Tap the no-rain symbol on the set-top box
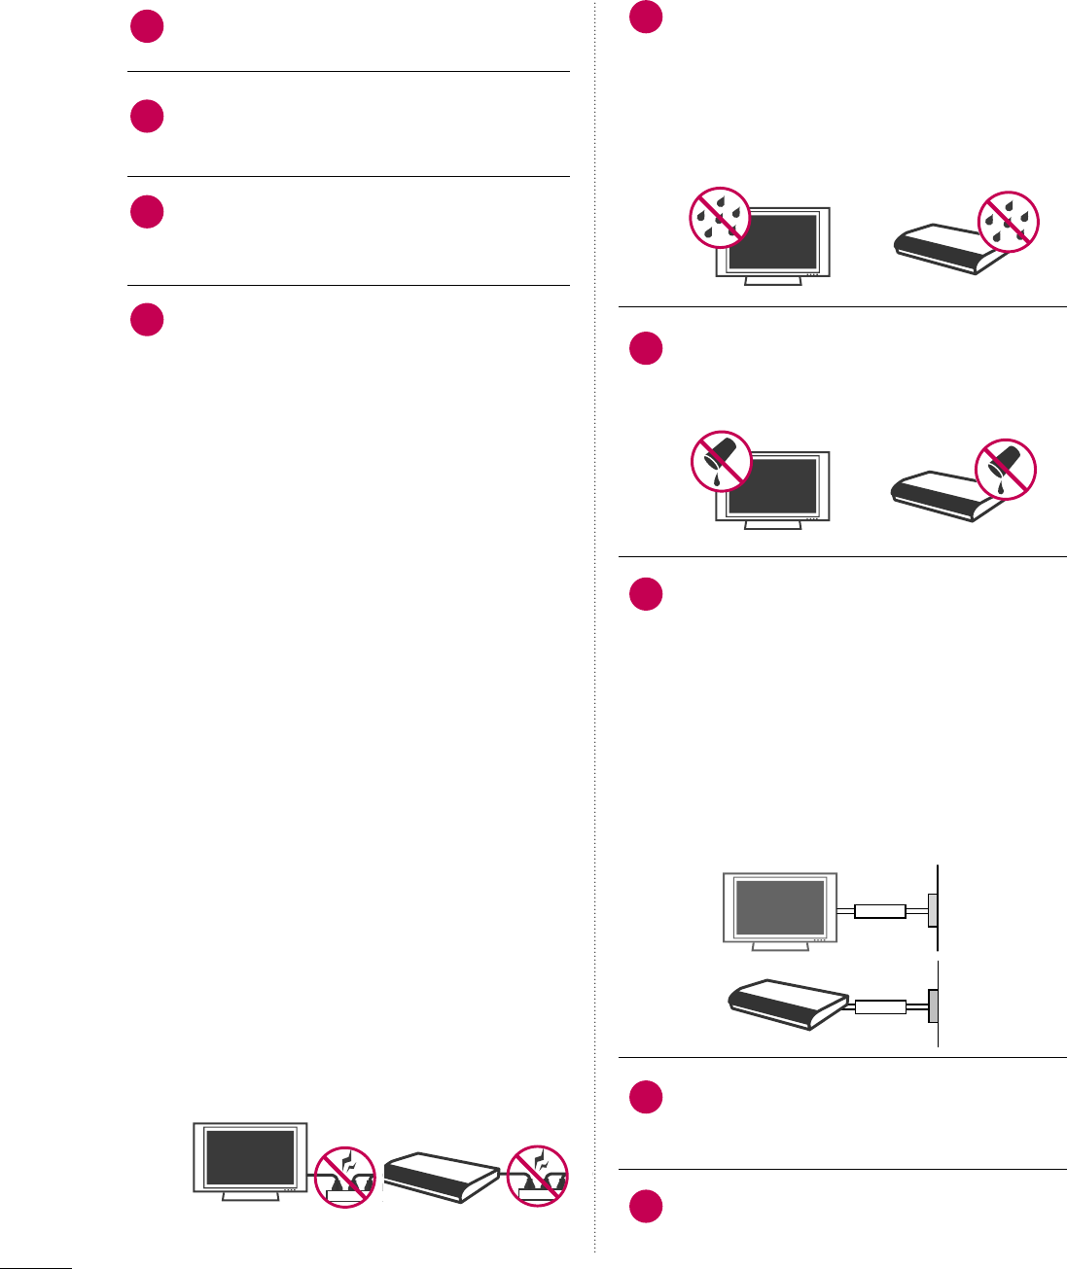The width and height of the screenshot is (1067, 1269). click(x=1009, y=221)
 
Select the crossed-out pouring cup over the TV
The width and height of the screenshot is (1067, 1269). click(x=721, y=462)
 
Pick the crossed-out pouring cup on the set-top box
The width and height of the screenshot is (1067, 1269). click(x=1006, y=469)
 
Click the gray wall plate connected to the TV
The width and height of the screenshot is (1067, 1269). click(x=933, y=911)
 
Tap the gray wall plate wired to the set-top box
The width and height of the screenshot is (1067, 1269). click(x=933, y=1006)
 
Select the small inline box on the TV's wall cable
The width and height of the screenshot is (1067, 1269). click(x=880, y=911)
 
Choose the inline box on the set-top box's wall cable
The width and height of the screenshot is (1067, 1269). click(x=880, y=1006)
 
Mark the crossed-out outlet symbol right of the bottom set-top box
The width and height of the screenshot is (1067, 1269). click(x=538, y=1176)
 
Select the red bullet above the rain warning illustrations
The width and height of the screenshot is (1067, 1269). click(x=646, y=18)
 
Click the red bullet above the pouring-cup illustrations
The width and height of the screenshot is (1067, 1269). click(x=646, y=348)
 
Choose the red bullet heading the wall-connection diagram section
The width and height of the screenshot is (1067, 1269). click(x=646, y=594)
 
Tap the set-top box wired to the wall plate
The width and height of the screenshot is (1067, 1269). click(x=787, y=1005)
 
